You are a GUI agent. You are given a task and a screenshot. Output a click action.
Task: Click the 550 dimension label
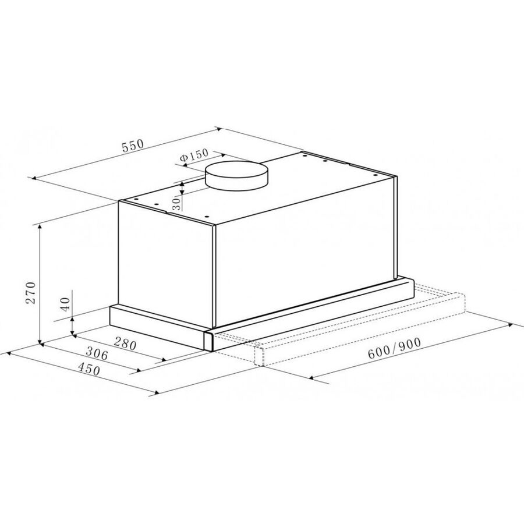[x=133, y=146]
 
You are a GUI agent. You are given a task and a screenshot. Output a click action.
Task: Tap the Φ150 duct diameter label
[x=194, y=155]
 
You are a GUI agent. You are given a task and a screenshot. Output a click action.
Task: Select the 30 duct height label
[x=178, y=203]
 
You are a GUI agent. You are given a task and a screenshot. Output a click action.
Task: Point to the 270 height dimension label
[x=31, y=292]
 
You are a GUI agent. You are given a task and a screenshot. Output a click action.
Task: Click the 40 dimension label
[x=65, y=304]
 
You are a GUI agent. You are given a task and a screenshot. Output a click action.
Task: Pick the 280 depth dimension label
[x=125, y=343]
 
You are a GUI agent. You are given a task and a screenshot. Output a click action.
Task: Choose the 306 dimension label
[x=97, y=353]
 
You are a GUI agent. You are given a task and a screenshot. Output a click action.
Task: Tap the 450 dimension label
[x=89, y=369]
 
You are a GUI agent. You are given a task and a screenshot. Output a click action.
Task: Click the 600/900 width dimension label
[x=394, y=349]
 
